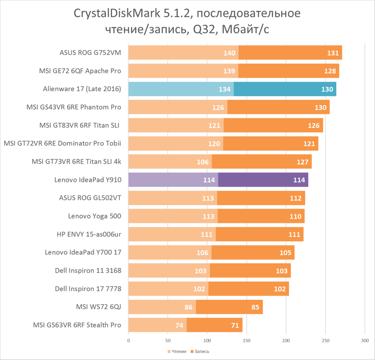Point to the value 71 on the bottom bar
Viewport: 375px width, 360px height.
click(x=235, y=325)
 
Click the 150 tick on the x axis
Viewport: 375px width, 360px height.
click(x=247, y=340)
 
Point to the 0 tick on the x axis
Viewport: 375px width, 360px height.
click(x=129, y=340)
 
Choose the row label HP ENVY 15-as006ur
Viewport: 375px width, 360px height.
click(x=89, y=234)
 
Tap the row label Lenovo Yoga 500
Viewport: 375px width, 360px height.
click(x=95, y=216)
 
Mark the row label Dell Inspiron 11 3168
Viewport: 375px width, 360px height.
click(x=88, y=271)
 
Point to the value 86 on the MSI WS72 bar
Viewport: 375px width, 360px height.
click(x=189, y=307)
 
